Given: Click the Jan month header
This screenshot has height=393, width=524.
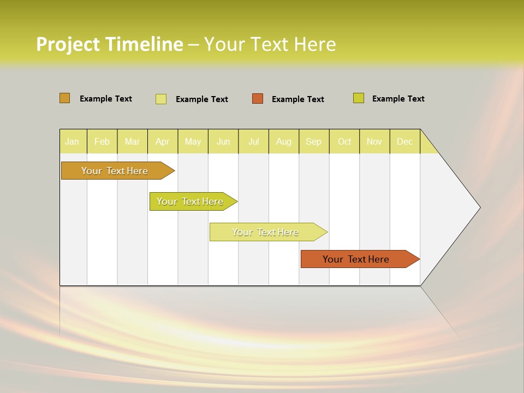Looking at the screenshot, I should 73,141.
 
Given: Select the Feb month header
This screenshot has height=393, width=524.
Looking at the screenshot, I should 102,141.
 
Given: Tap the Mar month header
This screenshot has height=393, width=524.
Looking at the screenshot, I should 132,141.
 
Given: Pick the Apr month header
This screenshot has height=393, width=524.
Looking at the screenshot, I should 163,141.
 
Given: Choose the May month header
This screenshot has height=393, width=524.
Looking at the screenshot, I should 193,141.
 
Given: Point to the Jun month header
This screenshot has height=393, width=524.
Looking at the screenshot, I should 223,141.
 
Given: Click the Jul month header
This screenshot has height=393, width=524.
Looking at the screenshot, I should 254,141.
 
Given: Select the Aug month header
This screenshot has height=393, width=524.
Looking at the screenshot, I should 284,141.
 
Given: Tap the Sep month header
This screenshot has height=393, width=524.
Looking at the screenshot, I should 314,141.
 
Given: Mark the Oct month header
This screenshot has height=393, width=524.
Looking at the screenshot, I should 344,141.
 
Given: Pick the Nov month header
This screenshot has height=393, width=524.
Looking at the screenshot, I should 374,141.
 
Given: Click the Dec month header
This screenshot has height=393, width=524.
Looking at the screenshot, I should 405,141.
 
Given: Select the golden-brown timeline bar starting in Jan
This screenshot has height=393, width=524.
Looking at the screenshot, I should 115,171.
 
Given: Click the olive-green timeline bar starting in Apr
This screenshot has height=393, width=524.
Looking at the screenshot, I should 190,201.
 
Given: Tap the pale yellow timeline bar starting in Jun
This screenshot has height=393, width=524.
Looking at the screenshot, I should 266,232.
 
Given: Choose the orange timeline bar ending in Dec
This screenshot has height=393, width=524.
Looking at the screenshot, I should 356,259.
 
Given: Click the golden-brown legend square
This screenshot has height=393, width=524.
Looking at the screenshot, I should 65,98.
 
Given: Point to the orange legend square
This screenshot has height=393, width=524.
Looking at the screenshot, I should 258,99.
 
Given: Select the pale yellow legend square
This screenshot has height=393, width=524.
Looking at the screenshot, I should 161,99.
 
